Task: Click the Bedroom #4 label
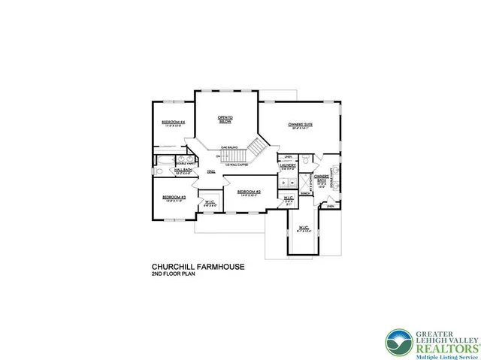point(174,122)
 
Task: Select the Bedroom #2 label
point(248,192)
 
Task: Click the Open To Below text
point(225,119)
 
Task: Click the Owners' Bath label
point(322,179)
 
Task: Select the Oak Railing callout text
point(230,148)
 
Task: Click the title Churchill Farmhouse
point(189,267)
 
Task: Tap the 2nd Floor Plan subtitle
point(174,275)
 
